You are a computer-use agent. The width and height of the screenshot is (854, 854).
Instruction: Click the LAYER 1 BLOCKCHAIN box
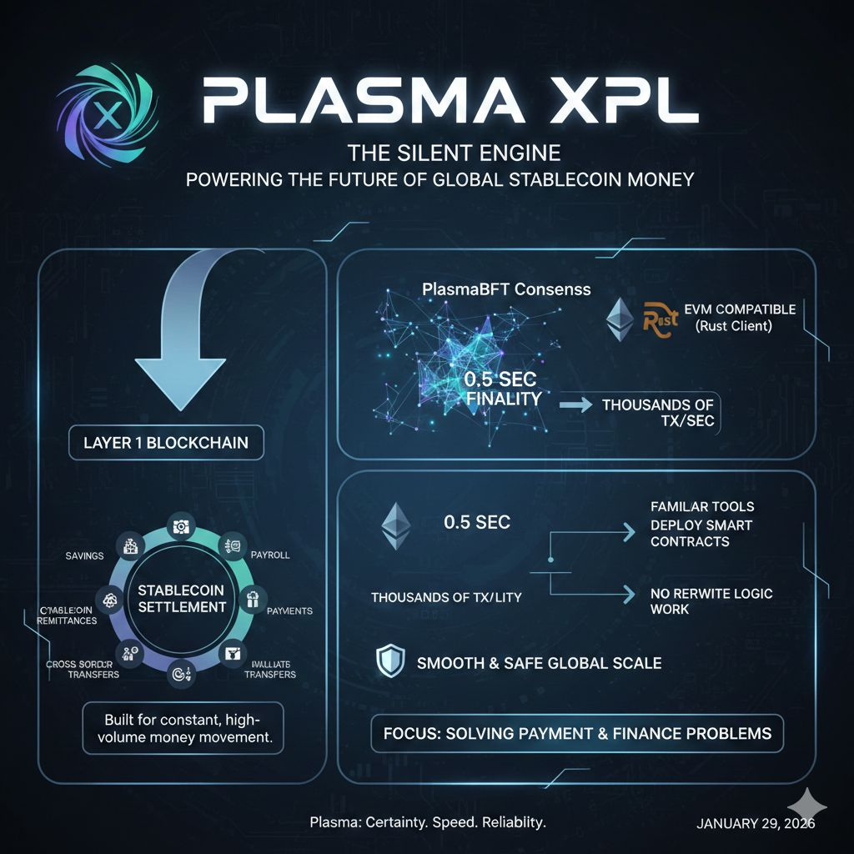click(166, 443)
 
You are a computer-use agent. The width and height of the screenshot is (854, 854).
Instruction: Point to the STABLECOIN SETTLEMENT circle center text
click(182, 598)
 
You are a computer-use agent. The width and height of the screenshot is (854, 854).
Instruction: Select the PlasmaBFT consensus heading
click(506, 289)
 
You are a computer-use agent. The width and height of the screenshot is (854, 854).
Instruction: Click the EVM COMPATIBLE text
click(739, 309)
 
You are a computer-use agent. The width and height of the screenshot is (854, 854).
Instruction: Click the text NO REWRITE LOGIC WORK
click(711, 601)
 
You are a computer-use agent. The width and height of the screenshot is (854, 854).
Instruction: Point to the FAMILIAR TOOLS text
click(701, 506)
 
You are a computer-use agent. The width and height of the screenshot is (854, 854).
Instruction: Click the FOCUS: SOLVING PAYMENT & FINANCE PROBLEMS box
click(577, 734)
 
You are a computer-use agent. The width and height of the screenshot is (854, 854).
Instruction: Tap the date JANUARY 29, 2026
click(756, 823)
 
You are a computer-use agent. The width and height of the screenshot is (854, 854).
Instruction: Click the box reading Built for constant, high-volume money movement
click(183, 727)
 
